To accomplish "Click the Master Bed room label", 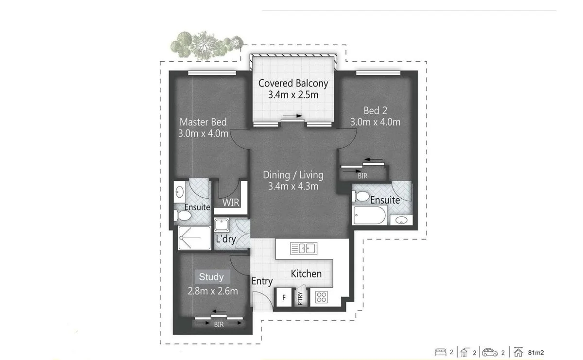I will pyautogui.click(x=203, y=122).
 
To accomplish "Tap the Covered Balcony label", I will pyautogui.click(x=293, y=83).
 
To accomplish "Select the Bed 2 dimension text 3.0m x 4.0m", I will pyautogui.click(x=376, y=122).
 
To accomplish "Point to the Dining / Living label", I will pyautogui.click(x=293, y=175).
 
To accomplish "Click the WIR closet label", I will pyautogui.click(x=231, y=203).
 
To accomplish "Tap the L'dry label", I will pyautogui.click(x=225, y=239).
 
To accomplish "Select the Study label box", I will pyautogui.click(x=211, y=277).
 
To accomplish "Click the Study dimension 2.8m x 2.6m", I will pyautogui.click(x=213, y=291).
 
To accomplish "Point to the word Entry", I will pyautogui.click(x=262, y=281).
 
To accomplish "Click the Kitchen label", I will pyautogui.click(x=306, y=274).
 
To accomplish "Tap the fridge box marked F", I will pyautogui.click(x=283, y=297).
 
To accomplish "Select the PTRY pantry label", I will pyautogui.click(x=300, y=297).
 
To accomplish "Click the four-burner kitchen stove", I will pyautogui.click(x=321, y=297).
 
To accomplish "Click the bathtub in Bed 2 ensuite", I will pyautogui.click(x=370, y=215).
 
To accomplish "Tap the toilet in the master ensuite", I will pyautogui.click(x=183, y=215).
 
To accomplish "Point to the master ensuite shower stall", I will pyautogui.click(x=194, y=238).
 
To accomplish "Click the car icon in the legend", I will pyautogui.click(x=490, y=352).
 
